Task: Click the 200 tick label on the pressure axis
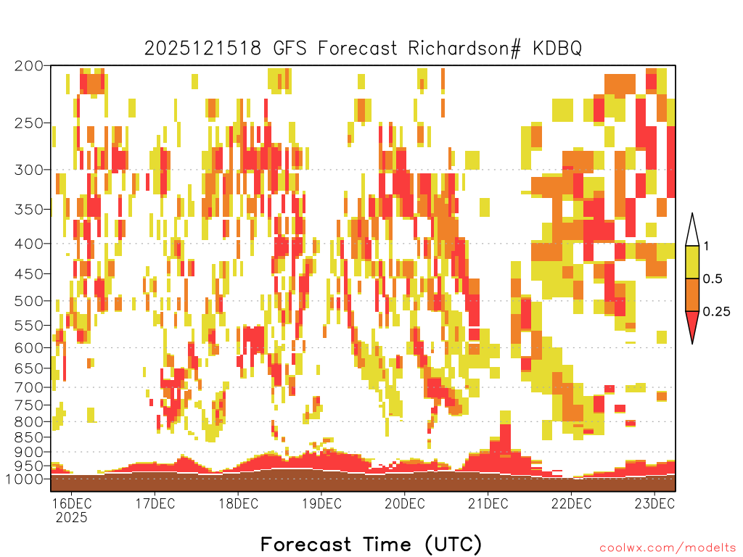pyautogui.click(x=29, y=66)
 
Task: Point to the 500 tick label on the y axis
pyautogui.click(x=29, y=301)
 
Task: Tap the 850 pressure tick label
pyautogui.click(x=29, y=437)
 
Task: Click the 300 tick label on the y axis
pyautogui.click(x=29, y=170)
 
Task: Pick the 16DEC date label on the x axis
pyautogui.click(x=72, y=503)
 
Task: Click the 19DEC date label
pyautogui.click(x=321, y=503)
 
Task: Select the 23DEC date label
pyautogui.click(x=655, y=503)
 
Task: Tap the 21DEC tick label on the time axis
pyautogui.click(x=488, y=503)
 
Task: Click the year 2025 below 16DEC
pyautogui.click(x=72, y=518)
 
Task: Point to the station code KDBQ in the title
pyautogui.click(x=557, y=49)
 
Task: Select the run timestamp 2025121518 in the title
pyautogui.click(x=202, y=49)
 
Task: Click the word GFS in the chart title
pyautogui.click(x=290, y=49)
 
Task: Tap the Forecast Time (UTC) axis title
pyautogui.click(x=371, y=544)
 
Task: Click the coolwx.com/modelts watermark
pyautogui.click(x=668, y=548)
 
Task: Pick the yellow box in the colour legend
pyautogui.click(x=692, y=262)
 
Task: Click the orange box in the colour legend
pyautogui.click(x=692, y=294)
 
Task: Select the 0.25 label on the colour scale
pyautogui.click(x=716, y=311)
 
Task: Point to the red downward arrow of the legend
pyautogui.click(x=692, y=324)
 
